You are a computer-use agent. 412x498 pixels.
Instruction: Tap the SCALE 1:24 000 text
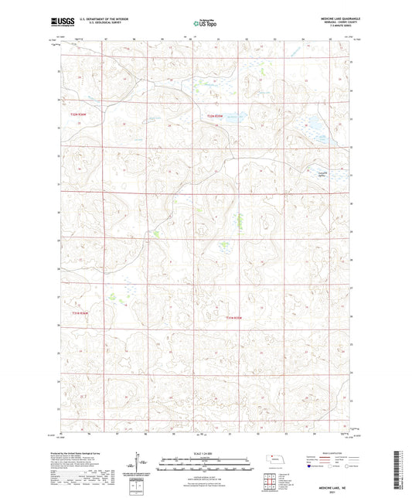205,453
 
